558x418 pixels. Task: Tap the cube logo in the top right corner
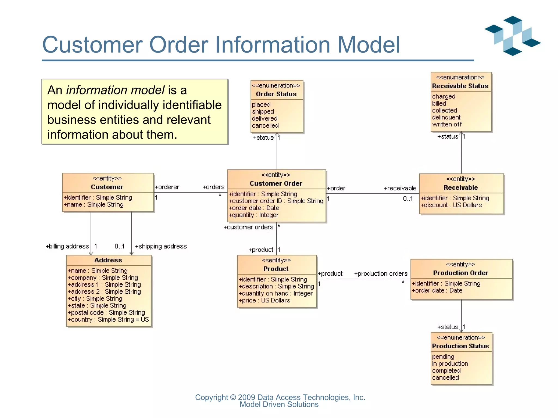click(512, 36)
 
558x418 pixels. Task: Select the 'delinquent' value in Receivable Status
click(446, 117)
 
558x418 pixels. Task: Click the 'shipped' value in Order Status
click(263, 112)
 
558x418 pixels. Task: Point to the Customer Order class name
click(276, 183)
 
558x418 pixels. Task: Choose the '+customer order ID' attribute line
click(276, 201)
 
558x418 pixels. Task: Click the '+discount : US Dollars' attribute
click(451, 205)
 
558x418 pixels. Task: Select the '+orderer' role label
click(167, 187)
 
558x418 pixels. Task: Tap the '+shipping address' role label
click(161, 246)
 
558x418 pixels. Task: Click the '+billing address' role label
click(67, 246)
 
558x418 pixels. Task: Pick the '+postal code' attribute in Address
click(106, 312)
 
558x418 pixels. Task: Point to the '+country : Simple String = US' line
click(108, 319)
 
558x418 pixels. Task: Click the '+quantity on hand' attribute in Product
click(275, 293)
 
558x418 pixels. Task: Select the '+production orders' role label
click(381, 274)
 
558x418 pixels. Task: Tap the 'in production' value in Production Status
click(450, 364)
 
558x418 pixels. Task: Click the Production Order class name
click(460, 273)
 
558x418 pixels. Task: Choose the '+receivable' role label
click(400, 188)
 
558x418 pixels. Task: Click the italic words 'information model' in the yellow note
click(115, 90)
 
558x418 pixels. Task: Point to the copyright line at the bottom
click(280, 397)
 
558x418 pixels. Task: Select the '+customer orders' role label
click(248, 227)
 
